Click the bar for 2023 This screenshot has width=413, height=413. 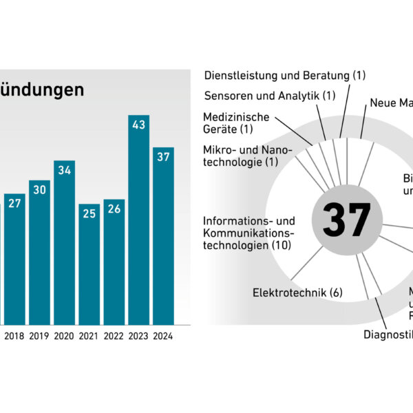pyautogui.click(x=138, y=220)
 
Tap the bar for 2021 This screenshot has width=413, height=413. pyautogui.click(x=89, y=264)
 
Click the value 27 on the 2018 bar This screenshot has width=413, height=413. pyautogui.click(x=14, y=204)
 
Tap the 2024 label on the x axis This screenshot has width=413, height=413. pyautogui.click(x=163, y=337)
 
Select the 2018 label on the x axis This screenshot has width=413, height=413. pyautogui.click(x=14, y=337)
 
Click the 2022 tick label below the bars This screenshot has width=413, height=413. pyautogui.click(x=114, y=337)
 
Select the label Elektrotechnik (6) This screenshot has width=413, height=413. pyautogui.click(x=297, y=292)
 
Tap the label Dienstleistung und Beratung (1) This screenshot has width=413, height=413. pyautogui.click(x=285, y=75)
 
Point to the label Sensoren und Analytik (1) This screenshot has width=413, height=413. pyautogui.click(x=270, y=95)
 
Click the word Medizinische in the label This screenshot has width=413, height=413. pyautogui.click(x=236, y=117)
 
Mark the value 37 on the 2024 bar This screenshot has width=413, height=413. pyautogui.click(x=163, y=158)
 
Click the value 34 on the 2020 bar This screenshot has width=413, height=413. pyautogui.click(x=64, y=171)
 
